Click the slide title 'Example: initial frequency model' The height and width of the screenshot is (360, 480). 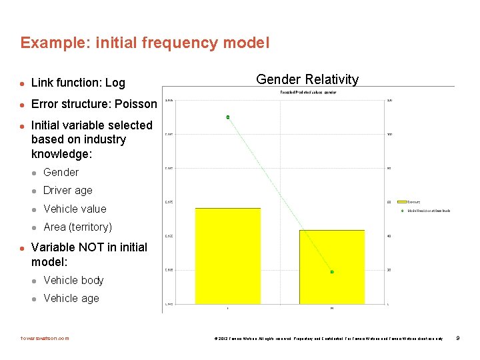click(145, 43)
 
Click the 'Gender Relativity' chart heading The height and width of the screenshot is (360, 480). click(307, 79)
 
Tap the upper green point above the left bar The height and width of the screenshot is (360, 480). click(228, 117)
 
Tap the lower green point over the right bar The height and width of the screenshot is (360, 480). click(332, 272)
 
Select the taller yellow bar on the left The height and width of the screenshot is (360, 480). click(227, 256)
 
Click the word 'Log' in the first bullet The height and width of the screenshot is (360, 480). click(115, 83)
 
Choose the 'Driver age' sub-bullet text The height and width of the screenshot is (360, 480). click(68, 190)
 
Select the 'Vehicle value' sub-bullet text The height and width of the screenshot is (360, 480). click(75, 209)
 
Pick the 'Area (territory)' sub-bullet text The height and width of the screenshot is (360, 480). click(78, 227)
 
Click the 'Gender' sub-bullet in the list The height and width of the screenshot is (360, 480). click(61, 172)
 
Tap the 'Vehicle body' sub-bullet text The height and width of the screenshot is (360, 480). click(73, 280)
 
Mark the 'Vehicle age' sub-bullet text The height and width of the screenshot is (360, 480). click(71, 298)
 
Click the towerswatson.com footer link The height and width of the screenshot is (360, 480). click(45, 338)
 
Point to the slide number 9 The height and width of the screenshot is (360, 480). click(457, 338)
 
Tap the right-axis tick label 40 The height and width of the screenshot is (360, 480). click(389, 236)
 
